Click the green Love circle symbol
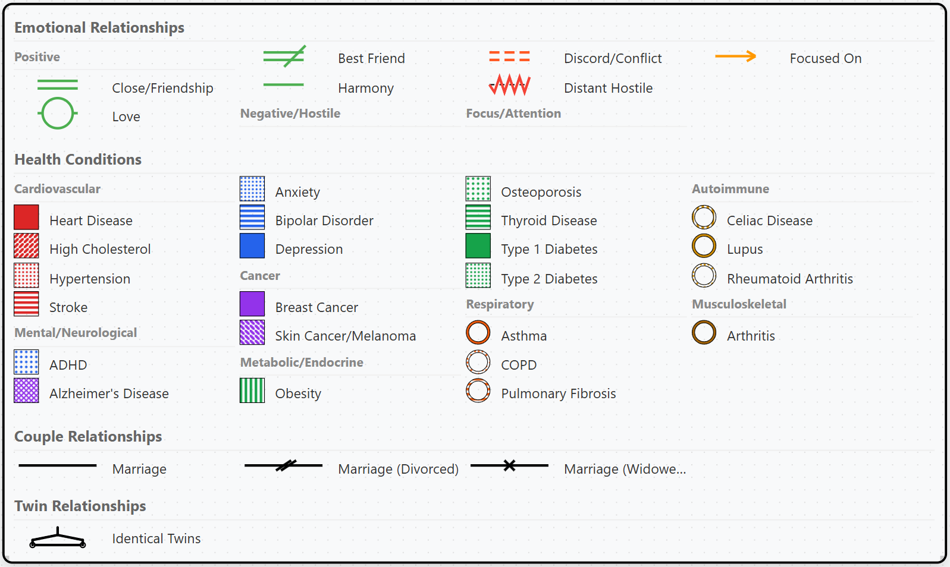(58, 113)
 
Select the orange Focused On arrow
(735, 56)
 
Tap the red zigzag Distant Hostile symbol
(509, 85)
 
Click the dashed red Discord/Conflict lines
(509, 56)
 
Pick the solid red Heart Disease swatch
(26, 218)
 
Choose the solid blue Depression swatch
(252, 246)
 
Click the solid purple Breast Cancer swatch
(252, 304)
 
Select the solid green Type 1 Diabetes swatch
(478, 246)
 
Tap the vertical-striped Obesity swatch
(252, 390)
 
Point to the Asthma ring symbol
(478, 333)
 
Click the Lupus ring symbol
(704, 246)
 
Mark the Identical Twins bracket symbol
(58, 538)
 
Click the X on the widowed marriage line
(509, 465)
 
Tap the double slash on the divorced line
(286, 465)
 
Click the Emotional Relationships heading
(99, 27)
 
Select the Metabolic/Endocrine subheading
(302, 363)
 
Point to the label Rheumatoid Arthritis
(789, 279)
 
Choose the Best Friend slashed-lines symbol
(284, 56)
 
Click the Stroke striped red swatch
(26, 304)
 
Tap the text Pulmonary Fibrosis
(558, 393)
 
